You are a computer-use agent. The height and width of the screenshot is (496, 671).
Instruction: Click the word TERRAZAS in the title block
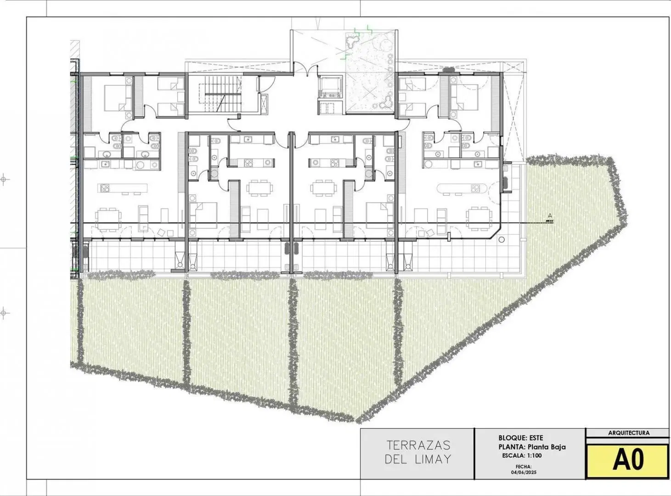tap(418, 445)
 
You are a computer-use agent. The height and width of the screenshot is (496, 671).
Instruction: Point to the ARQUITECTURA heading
tap(629, 433)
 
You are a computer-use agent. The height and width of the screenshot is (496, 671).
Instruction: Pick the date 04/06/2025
tap(524, 472)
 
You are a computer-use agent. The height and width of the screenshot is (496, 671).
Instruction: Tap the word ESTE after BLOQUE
tap(536, 438)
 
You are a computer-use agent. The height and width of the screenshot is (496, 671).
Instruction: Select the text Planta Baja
tap(547, 447)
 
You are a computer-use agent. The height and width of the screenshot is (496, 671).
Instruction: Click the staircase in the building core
tap(220, 94)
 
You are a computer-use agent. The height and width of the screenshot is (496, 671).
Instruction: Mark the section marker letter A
tap(550, 215)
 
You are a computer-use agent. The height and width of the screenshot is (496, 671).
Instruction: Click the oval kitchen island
tap(462, 189)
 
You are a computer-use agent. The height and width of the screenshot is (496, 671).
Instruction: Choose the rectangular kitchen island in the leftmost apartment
tap(123, 188)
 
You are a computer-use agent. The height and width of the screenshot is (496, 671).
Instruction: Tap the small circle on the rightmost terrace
tap(501, 240)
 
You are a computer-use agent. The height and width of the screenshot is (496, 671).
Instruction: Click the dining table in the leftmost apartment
tap(108, 219)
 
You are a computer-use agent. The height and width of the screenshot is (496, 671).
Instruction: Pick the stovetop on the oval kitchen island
tap(475, 189)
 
